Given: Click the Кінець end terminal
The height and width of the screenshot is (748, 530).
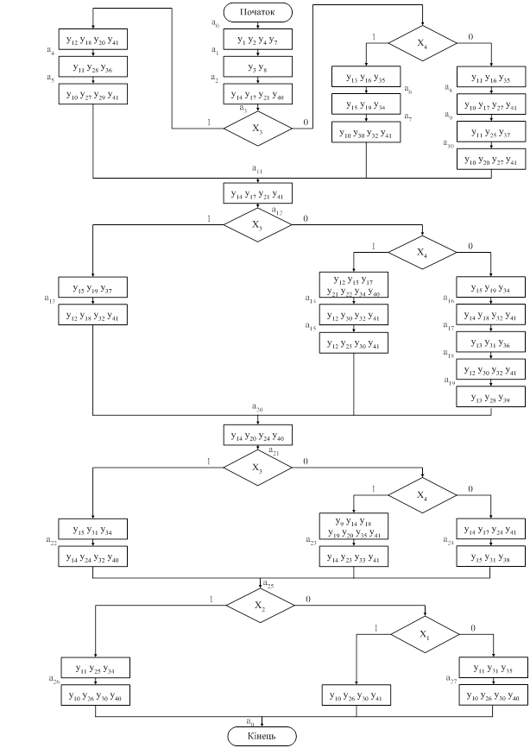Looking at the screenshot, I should [x=262, y=735].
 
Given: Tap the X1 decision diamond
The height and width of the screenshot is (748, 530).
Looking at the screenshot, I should [x=423, y=634].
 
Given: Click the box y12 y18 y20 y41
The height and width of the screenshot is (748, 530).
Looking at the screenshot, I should [x=92, y=40].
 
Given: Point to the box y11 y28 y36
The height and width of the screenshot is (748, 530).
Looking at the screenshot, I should [x=92, y=66].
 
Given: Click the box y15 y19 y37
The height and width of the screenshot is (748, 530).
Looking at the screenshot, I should [x=92, y=288].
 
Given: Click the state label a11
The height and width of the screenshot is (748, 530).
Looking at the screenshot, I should [x=257, y=169].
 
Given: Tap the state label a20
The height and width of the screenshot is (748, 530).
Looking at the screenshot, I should [x=257, y=407].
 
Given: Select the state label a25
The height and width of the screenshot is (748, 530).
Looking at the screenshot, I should [x=268, y=584].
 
